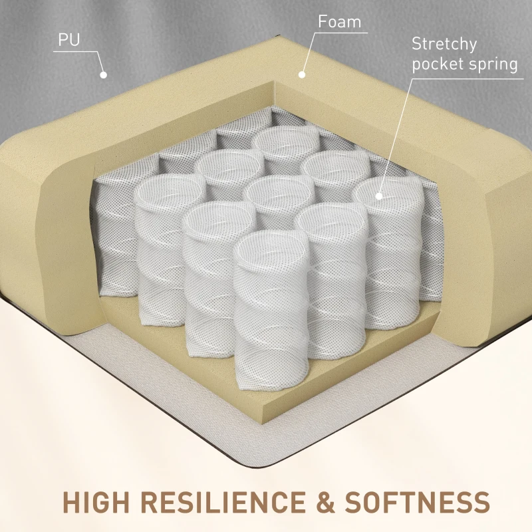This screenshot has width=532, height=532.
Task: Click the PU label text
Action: click(69, 40)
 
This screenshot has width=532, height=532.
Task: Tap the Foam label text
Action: click(339, 22)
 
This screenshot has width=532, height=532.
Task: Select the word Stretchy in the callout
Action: click(444, 45)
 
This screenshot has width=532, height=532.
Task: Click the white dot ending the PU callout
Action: click(104, 75)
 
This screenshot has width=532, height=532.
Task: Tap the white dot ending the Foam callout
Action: click(302, 74)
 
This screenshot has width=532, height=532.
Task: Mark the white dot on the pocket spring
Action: click(379, 196)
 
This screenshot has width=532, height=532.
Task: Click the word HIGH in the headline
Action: click(96, 502)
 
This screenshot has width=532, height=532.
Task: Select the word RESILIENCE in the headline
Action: click(223, 502)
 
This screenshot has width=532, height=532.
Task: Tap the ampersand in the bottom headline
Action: click(325, 502)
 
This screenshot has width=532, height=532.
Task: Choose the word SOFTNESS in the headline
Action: click(418, 502)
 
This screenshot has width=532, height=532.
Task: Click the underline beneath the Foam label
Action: click(340, 33)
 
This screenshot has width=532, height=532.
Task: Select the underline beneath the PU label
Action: click(75, 52)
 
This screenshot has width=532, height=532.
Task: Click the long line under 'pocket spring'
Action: click(468, 78)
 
